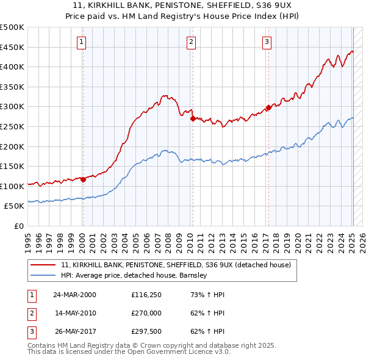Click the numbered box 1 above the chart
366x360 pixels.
click(82, 41)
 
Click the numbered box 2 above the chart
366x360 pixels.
click(191, 41)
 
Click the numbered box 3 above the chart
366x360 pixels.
click(267, 41)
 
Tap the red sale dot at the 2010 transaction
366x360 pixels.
click(192, 119)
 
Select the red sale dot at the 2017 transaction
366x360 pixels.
click(268, 108)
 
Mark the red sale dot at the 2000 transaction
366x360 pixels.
click(83, 179)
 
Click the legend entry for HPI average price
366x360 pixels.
click(134, 275)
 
